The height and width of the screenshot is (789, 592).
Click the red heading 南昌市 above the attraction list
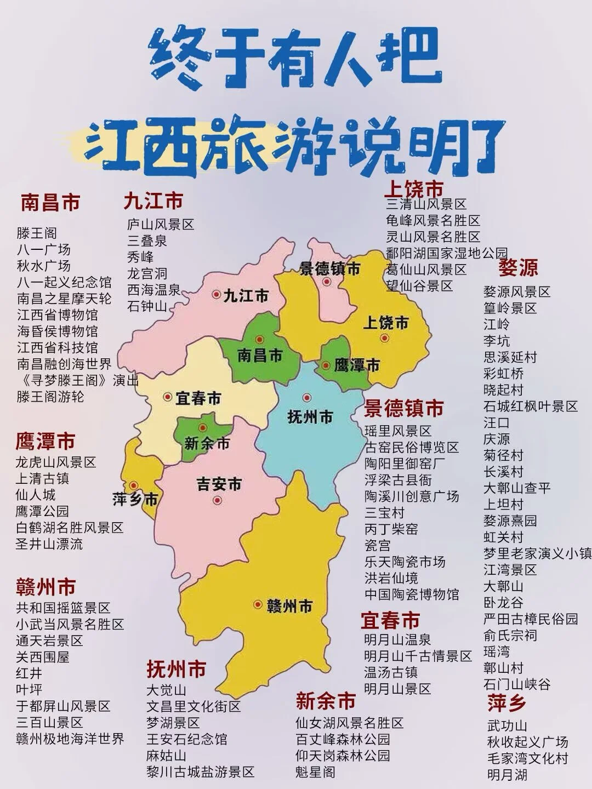50,203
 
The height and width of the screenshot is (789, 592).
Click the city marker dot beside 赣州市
258,604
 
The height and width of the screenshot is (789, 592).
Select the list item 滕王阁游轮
50,396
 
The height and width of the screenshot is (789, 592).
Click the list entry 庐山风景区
161,224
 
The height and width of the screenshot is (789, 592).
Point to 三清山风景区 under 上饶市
426,204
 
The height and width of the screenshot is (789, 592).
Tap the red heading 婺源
518,268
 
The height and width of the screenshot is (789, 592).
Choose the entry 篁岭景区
510,308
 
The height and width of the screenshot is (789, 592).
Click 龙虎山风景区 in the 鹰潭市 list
56,462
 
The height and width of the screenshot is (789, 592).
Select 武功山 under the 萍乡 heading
507,726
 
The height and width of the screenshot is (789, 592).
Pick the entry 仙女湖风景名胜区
350,723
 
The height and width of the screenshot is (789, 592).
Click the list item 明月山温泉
398,639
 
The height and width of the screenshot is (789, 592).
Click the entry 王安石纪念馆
187,739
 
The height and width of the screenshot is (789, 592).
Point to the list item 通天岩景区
49,640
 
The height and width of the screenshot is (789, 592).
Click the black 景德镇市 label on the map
330,269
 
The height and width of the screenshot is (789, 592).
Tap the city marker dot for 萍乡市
133,485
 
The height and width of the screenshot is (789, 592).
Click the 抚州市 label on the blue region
310,417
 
